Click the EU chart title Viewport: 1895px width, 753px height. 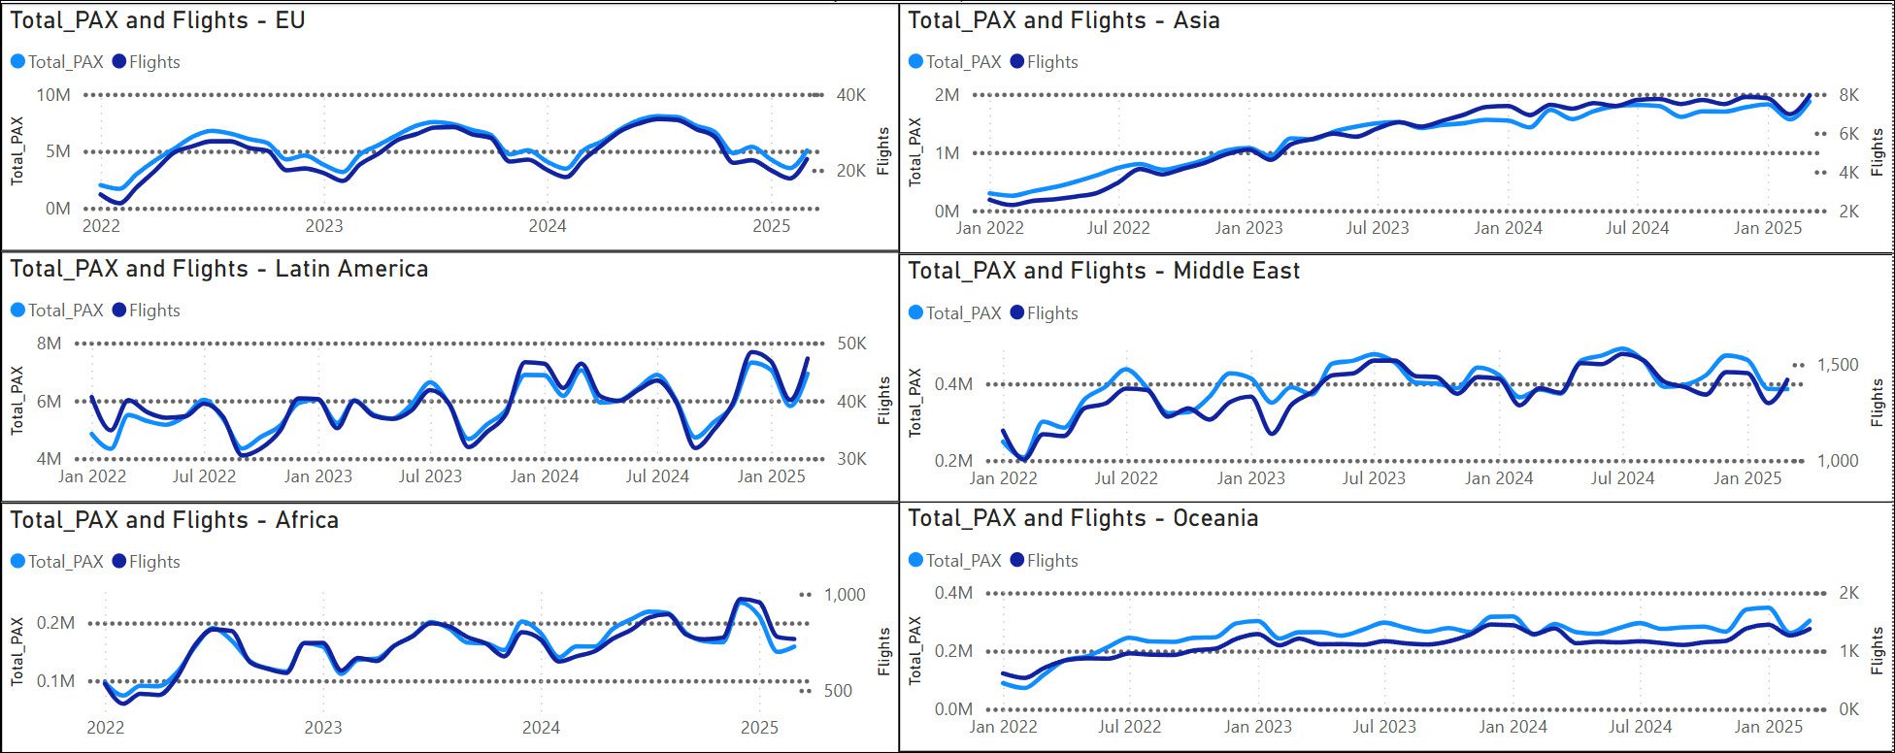[157, 20]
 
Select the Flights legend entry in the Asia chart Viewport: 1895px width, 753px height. [1044, 62]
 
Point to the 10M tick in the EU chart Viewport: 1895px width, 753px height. [52, 95]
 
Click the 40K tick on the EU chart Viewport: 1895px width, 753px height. [851, 95]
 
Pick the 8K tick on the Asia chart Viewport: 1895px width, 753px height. [1848, 95]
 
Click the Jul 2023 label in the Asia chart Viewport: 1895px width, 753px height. [1377, 228]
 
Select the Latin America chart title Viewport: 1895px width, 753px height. [218, 269]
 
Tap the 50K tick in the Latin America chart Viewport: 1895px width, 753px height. [851, 344]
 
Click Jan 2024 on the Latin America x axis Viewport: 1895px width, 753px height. [544, 476]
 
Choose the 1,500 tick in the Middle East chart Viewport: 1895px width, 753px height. [1837, 365]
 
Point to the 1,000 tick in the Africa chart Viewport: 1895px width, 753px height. [844, 595]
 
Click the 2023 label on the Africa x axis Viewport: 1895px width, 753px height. [322, 728]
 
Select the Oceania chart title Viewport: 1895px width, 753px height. [1082, 518]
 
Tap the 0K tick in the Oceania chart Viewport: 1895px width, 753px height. [1848, 709]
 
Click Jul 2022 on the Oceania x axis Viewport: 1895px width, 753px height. [1129, 726]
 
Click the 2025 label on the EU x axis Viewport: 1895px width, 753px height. [772, 226]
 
